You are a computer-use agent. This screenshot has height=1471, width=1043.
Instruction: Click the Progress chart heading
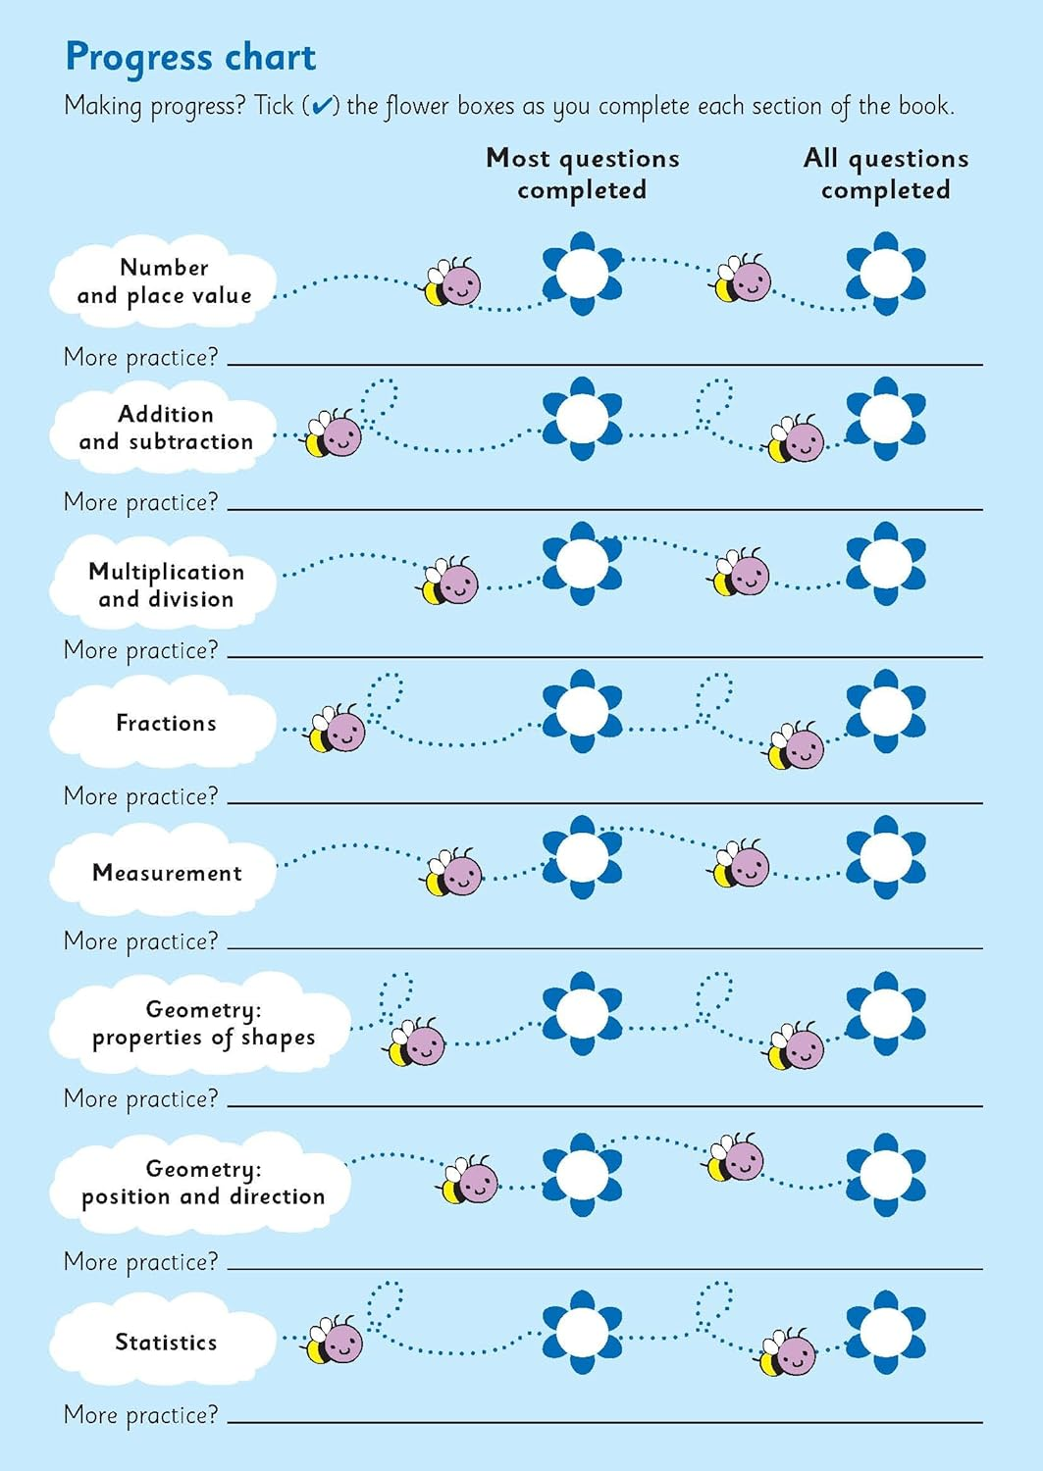(x=190, y=58)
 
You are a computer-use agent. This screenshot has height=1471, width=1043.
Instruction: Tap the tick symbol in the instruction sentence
(x=321, y=106)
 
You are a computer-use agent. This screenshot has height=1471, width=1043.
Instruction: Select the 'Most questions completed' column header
(x=582, y=174)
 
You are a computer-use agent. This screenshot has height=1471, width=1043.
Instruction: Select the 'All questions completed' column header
(x=885, y=174)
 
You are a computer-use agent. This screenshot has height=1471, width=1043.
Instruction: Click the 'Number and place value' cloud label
(x=164, y=281)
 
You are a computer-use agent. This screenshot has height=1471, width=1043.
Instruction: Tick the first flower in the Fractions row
(x=582, y=711)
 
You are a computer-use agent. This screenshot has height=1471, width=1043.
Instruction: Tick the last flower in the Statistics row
(x=885, y=1333)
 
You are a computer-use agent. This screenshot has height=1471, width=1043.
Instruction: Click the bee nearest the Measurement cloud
(x=453, y=872)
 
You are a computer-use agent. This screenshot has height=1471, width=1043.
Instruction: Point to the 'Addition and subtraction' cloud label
(x=165, y=428)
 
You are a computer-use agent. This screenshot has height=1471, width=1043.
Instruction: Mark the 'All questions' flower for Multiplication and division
(x=885, y=564)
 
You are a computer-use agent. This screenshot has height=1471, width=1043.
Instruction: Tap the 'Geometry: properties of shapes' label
(x=203, y=1024)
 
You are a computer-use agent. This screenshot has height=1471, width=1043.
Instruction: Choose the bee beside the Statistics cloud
(x=335, y=1341)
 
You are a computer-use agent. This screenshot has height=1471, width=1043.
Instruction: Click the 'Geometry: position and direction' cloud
(x=203, y=1183)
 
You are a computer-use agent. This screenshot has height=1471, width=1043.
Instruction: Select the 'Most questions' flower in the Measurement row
(x=582, y=857)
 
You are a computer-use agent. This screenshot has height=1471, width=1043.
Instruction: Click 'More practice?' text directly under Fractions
(x=141, y=796)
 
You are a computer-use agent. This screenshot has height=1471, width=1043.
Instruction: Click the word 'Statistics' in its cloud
(x=166, y=1342)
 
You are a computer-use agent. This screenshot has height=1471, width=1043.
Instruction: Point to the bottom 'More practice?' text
(x=141, y=1415)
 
